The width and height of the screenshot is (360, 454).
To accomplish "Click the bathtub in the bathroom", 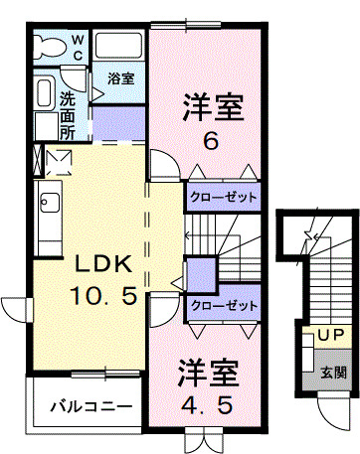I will click(x=120, y=47).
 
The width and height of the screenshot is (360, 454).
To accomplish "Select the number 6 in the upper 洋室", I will click(x=211, y=141).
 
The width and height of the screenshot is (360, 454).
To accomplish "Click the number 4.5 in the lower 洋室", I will click(x=210, y=409).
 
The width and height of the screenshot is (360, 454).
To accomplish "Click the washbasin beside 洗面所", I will click(x=45, y=95).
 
